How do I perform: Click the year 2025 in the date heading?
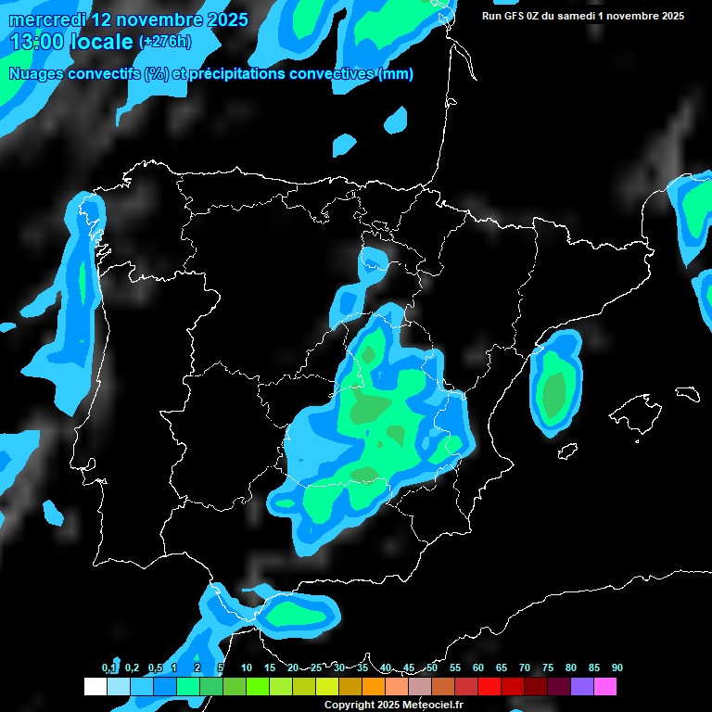click(x=222, y=19)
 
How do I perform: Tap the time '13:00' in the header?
click(x=38, y=42)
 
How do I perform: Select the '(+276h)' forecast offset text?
click(x=164, y=42)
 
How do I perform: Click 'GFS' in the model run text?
click(x=516, y=16)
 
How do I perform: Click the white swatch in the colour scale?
click(x=95, y=687)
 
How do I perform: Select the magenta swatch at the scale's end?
click(x=605, y=687)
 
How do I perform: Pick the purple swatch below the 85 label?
click(x=582, y=687)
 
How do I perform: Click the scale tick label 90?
click(x=617, y=668)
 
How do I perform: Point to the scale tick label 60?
click(x=477, y=668)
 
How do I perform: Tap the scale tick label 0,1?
click(x=109, y=668)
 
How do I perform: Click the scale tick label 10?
click(x=246, y=668)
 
